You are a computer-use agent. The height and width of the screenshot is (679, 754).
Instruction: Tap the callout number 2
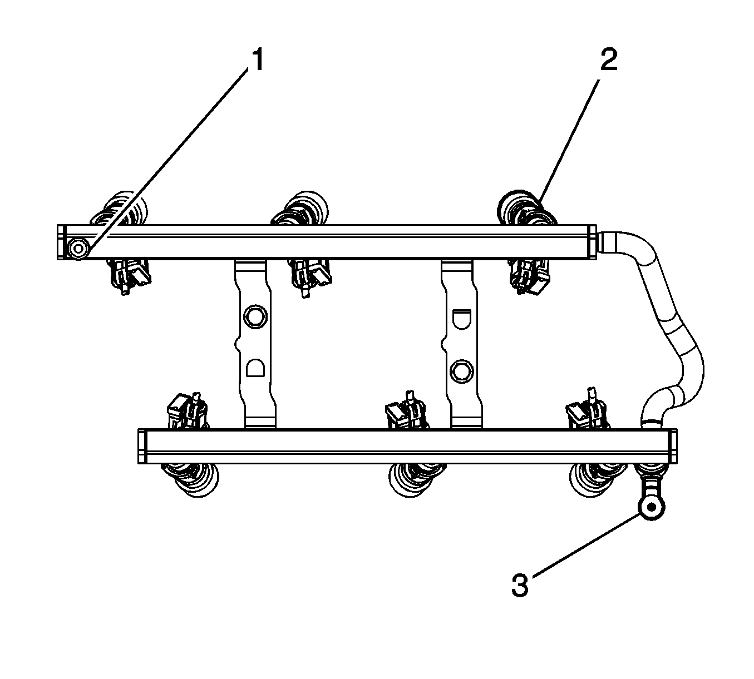click(x=609, y=60)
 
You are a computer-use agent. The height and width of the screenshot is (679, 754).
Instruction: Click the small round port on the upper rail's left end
click(x=78, y=249)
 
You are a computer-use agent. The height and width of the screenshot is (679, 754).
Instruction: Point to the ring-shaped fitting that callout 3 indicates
click(x=652, y=507)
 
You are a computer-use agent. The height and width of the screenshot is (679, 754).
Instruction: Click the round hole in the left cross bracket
click(x=255, y=316)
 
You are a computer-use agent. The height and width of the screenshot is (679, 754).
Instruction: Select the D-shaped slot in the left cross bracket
click(x=255, y=368)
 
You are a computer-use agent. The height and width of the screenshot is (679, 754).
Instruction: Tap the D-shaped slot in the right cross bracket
click(x=462, y=319)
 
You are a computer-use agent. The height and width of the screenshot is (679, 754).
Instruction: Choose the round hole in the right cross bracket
click(x=461, y=371)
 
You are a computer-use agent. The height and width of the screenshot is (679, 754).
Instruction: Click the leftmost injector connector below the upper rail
click(x=130, y=276)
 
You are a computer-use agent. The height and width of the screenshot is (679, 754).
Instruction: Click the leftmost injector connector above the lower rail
click(x=188, y=411)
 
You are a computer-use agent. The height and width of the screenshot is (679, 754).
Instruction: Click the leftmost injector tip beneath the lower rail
click(x=190, y=480)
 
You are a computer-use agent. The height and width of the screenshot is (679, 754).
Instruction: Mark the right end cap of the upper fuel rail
click(x=592, y=241)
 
